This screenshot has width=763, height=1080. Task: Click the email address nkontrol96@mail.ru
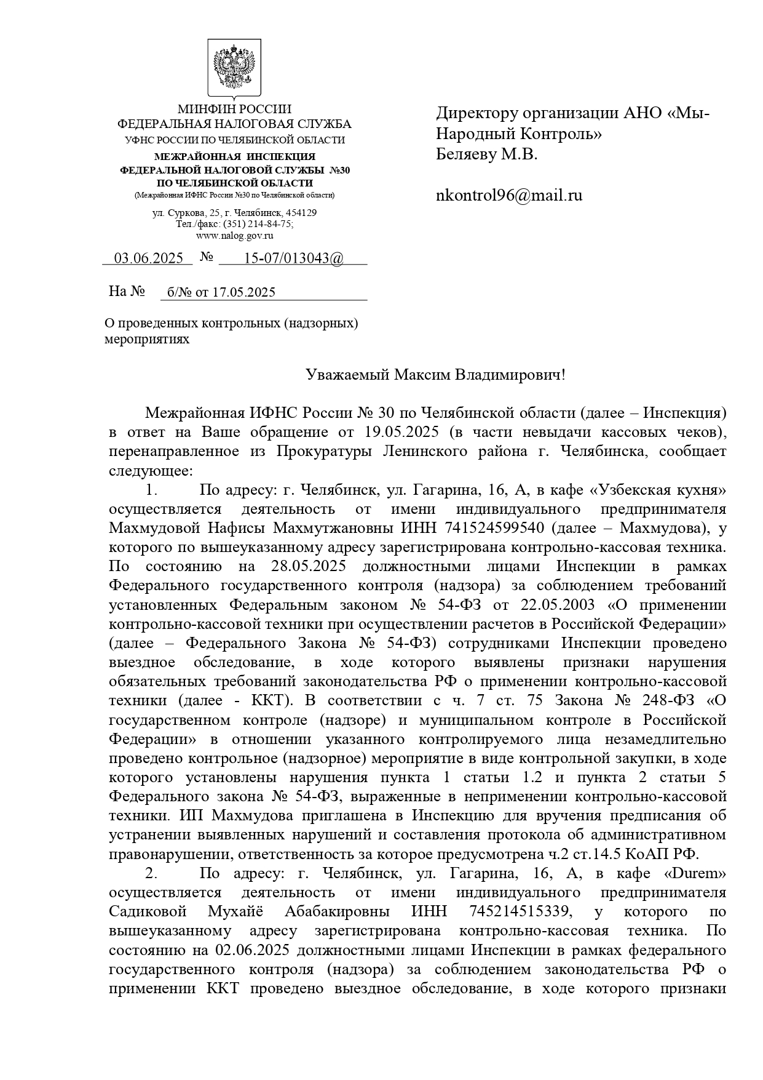509,196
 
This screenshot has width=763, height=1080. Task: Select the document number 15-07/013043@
294,258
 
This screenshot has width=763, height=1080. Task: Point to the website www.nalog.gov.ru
234,235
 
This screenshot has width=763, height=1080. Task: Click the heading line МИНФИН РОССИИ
234,110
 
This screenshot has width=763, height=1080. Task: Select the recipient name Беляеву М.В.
487,154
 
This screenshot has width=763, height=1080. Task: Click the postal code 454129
301,213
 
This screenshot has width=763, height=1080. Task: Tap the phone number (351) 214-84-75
262,224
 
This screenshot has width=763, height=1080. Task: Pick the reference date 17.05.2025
243,292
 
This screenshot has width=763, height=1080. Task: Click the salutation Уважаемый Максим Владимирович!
435,375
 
